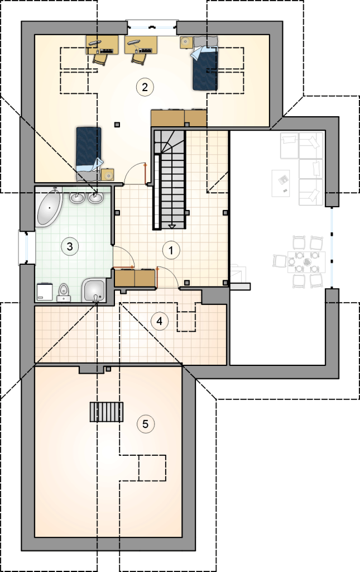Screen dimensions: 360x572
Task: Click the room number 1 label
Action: click(x=171, y=251)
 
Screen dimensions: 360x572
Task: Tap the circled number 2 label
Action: click(x=145, y=87)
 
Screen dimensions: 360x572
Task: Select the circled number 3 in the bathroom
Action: click(x=70, y=246)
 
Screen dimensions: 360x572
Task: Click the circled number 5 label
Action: click(x=145, y=424)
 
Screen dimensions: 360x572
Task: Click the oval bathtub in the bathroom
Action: click(x=49, y=207)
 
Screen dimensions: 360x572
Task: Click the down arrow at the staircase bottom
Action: click(x=172, y=227)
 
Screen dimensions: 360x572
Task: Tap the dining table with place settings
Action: click(x=306, y=262)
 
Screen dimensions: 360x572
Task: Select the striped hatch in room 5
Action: click(x=107, y=412)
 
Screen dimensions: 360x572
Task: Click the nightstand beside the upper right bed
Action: click(x=186, y=42)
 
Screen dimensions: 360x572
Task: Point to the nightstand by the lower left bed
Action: click(x=108, y=175)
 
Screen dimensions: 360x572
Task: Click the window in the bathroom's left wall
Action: click(x=27, y=247)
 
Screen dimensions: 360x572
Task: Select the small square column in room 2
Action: click(x=117, y=125)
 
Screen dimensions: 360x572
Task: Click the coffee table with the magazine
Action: click(x=281, y=183)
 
